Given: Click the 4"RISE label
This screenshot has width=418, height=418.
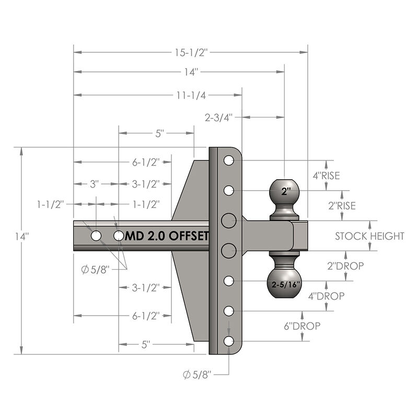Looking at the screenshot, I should [326, 176].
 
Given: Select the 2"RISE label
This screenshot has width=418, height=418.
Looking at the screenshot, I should [342, 206].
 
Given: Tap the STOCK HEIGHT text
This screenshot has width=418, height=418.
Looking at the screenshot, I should [369, 236].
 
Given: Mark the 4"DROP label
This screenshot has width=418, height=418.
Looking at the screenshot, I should [327, 296].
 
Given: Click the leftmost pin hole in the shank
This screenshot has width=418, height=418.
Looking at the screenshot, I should [96, 236].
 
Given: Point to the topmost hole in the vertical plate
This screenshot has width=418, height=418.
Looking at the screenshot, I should [228, 160].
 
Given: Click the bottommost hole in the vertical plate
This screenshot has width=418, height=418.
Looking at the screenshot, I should [228, 341].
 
